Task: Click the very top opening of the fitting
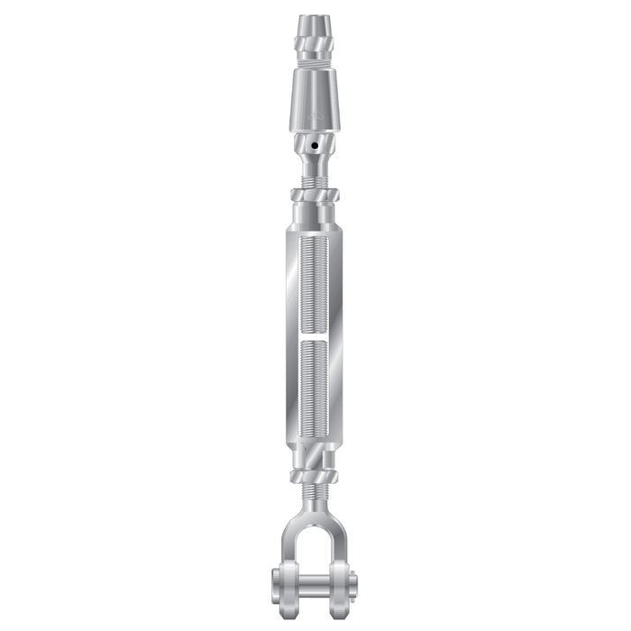315,17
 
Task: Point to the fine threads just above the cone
315,67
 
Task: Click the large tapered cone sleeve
315,104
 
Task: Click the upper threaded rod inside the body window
315,279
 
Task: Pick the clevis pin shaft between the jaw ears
315,580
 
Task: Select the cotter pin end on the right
353,580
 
